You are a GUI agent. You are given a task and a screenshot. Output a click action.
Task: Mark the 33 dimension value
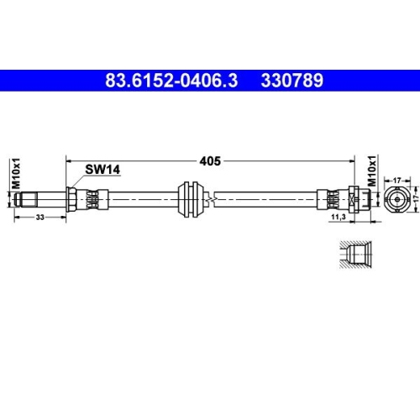[x=40, y=218]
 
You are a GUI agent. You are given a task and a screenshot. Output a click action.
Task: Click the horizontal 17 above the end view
[x=397, y=179]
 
